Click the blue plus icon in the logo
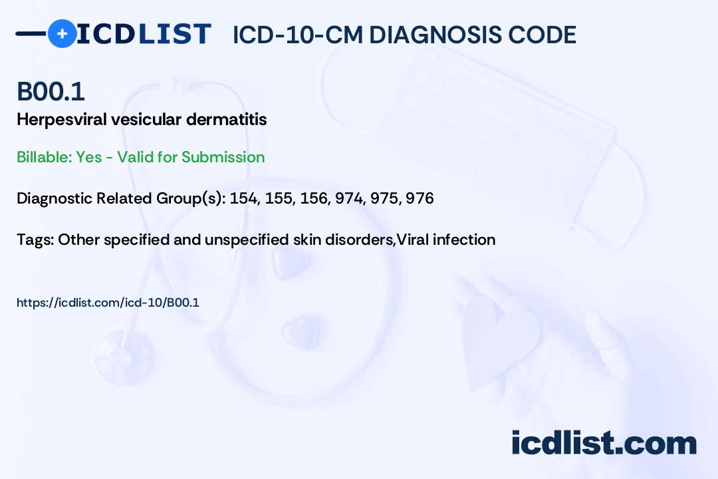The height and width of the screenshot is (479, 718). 62,33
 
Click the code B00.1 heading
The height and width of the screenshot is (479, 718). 51,91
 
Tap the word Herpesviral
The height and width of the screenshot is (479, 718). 62,120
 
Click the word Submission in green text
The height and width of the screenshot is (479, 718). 223,157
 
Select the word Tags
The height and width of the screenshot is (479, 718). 35,239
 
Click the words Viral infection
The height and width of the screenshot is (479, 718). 446,239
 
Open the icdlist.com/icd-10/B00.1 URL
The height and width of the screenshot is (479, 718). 108,303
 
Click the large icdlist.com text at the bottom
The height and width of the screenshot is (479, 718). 604,442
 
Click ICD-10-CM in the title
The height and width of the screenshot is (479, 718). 298,35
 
